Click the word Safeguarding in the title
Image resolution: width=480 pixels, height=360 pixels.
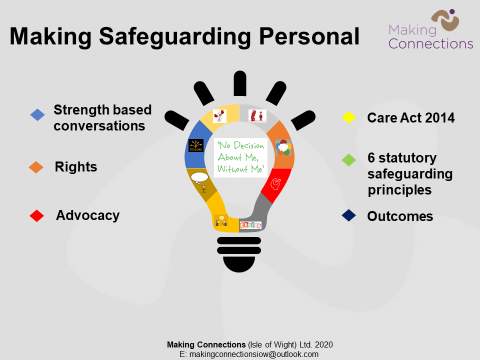pos(185,37)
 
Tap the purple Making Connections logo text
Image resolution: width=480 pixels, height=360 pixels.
pos(429,37)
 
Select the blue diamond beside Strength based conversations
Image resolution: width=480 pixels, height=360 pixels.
pos(37,115)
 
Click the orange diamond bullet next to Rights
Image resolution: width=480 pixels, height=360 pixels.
pos(37,167)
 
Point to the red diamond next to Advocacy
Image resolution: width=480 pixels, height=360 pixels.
pos(37,215)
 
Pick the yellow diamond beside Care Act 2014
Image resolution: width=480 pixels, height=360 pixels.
pos(349,118)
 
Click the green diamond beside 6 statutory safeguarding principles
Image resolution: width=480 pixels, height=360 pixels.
pos(349,160)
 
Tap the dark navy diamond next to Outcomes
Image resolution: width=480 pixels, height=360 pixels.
pos(349,215)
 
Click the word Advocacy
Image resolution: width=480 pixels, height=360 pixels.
pos(87,215)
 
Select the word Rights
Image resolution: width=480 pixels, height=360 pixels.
pos(76,167)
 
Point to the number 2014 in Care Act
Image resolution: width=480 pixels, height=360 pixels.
pos(437,118)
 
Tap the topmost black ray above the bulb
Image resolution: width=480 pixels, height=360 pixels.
pos(239,82)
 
